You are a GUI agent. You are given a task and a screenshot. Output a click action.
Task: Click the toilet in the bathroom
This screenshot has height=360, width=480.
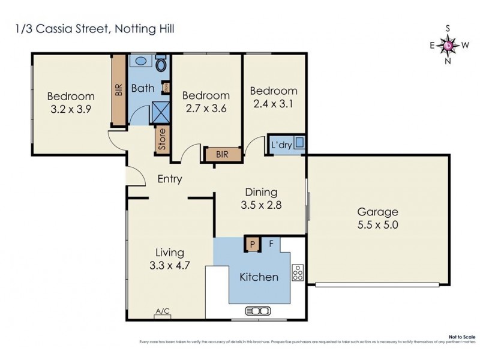(161, 65)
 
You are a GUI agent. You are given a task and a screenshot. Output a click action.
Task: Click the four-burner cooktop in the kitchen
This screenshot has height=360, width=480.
(296, 273)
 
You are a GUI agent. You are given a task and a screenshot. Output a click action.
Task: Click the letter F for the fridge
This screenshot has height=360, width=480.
(271, 244)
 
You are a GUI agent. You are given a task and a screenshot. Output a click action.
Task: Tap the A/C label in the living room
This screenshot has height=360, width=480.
(163, 311)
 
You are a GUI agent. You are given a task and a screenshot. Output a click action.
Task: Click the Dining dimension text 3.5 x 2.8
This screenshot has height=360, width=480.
(261, 205)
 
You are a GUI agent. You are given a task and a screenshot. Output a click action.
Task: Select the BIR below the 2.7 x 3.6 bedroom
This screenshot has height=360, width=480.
(223, 155)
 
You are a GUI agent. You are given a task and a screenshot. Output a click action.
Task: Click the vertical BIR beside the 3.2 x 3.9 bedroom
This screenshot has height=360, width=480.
(119, 90)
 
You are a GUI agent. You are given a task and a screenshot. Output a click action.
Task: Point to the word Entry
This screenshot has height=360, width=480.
(170, 179)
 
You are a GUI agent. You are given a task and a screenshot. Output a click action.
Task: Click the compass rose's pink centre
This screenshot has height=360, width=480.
(448, 45)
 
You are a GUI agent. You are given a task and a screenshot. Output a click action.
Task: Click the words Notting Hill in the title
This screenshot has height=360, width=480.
(145, 28)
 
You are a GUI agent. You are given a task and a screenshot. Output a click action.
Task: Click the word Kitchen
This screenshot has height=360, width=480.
(259, 277)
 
